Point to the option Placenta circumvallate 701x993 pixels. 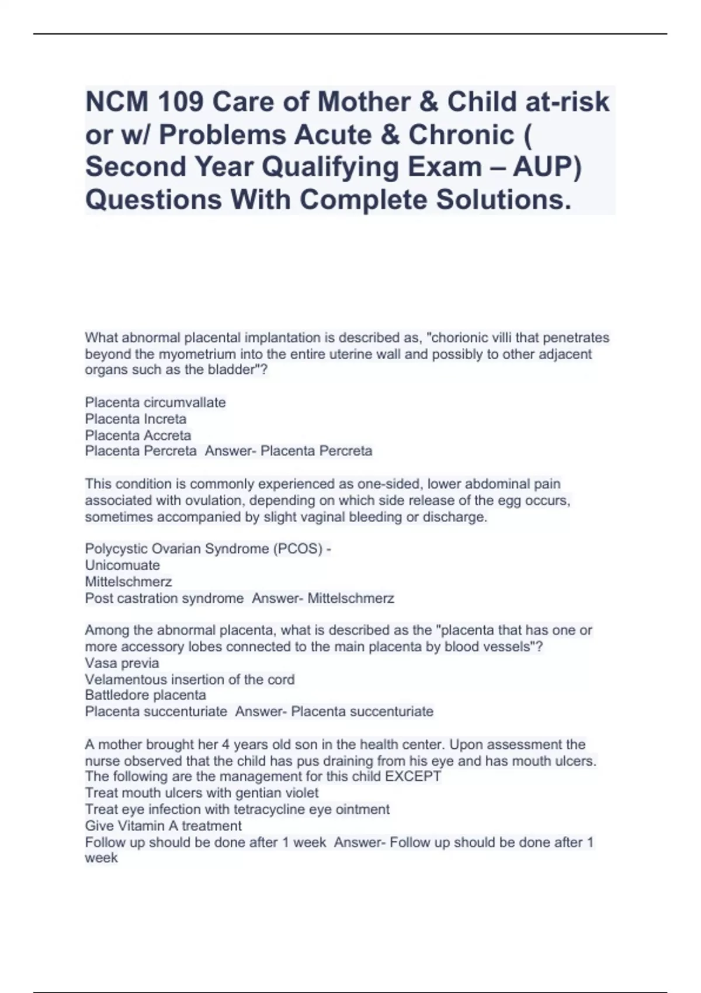155,402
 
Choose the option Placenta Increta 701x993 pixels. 136,419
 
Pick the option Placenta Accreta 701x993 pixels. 138,435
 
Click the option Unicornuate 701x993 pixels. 122,565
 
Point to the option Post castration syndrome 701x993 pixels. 164,598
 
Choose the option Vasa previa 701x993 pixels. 122,663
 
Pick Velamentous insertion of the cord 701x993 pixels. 189,679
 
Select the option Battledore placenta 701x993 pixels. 145,695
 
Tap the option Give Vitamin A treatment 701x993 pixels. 163,826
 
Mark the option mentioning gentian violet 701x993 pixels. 202,793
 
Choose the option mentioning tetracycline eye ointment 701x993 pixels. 237,810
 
